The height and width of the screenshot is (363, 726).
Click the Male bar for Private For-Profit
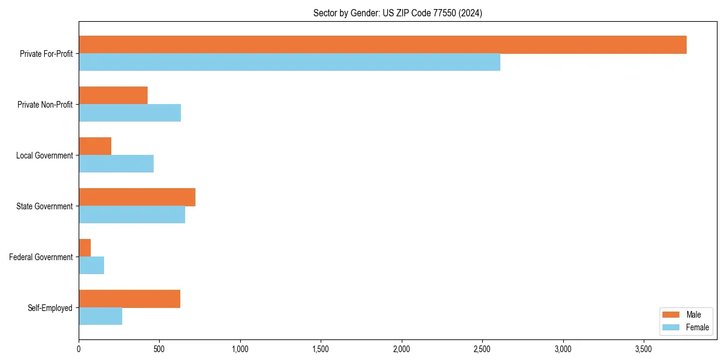(382, 45)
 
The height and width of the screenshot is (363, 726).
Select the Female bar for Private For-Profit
(289, 62)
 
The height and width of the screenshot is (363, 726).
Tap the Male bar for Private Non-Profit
(113, 96)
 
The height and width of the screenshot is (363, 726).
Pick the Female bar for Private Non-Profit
(129, 113)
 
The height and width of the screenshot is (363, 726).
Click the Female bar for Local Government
(116, 164)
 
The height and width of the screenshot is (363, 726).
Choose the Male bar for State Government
(137, 197)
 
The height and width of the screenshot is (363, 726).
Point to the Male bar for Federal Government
(85, 248)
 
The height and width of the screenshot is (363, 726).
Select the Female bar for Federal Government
(91, 266)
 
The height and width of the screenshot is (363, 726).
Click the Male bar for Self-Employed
(129, 299)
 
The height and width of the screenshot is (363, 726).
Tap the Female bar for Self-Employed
(100, 316)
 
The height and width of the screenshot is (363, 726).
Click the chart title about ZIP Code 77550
(397, 13)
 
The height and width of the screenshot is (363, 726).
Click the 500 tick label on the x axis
(159, 349)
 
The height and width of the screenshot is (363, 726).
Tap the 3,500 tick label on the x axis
(644, 349)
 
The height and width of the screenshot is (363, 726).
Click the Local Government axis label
(44, 155)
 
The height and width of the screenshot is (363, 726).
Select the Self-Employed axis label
(50, 308)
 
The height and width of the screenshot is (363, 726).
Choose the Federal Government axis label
(41, 257)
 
